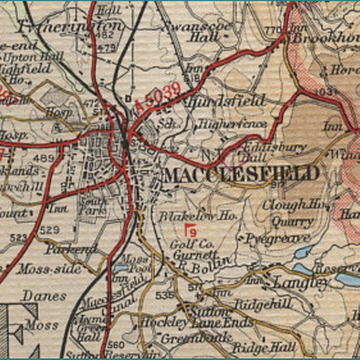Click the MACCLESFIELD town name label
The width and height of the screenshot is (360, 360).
pyautogui.click(x=241, y=174)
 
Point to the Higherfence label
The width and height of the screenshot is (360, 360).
pyautogui.click(x=232, y=124)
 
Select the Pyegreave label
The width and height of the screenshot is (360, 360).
pyautogui.click(x=277, y=238)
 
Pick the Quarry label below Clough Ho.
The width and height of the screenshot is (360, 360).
pyautogui.click(x=293, y=221)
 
